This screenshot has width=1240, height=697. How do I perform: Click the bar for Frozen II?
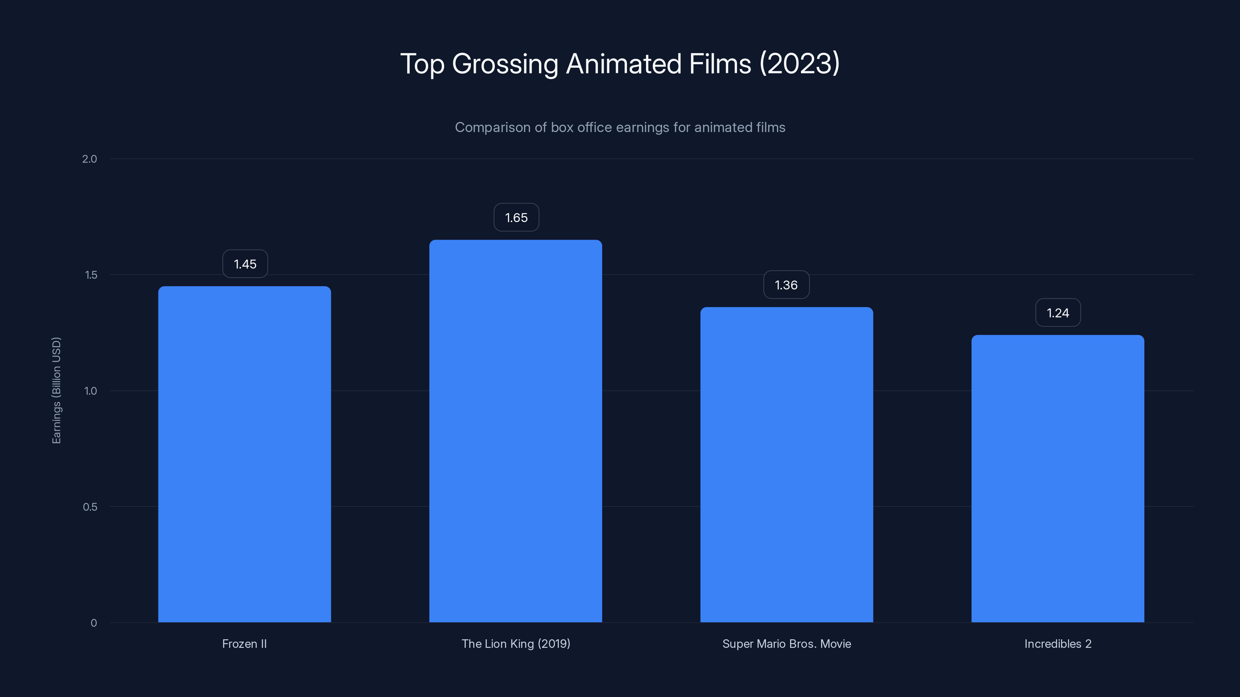(245, 454)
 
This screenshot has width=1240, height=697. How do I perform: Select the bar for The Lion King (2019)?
(515, 431)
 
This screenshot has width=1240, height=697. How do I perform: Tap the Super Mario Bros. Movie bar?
(787, 465)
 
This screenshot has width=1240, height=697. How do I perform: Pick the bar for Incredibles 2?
(1057, 479)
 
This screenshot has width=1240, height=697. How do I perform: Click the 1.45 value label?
(245, 264)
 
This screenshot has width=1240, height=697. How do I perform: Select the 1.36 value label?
(786, 285)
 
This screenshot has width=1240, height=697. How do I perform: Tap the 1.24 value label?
(1057, 313)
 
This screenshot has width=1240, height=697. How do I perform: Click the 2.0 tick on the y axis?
(90, 159)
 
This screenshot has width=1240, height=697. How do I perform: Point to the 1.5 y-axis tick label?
(91, 275)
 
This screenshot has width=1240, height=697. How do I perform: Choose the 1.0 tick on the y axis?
(91, 391)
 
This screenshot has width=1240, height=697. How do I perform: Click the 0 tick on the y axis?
(94, 623)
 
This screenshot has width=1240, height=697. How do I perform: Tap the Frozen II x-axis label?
(245, 644)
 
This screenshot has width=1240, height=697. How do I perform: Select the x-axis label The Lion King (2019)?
(515, 644)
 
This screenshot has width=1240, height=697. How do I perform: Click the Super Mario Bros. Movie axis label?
(787, 644)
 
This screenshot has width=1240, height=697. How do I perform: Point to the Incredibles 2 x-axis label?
(1057, 644)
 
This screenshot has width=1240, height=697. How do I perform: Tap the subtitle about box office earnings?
(620, 127)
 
